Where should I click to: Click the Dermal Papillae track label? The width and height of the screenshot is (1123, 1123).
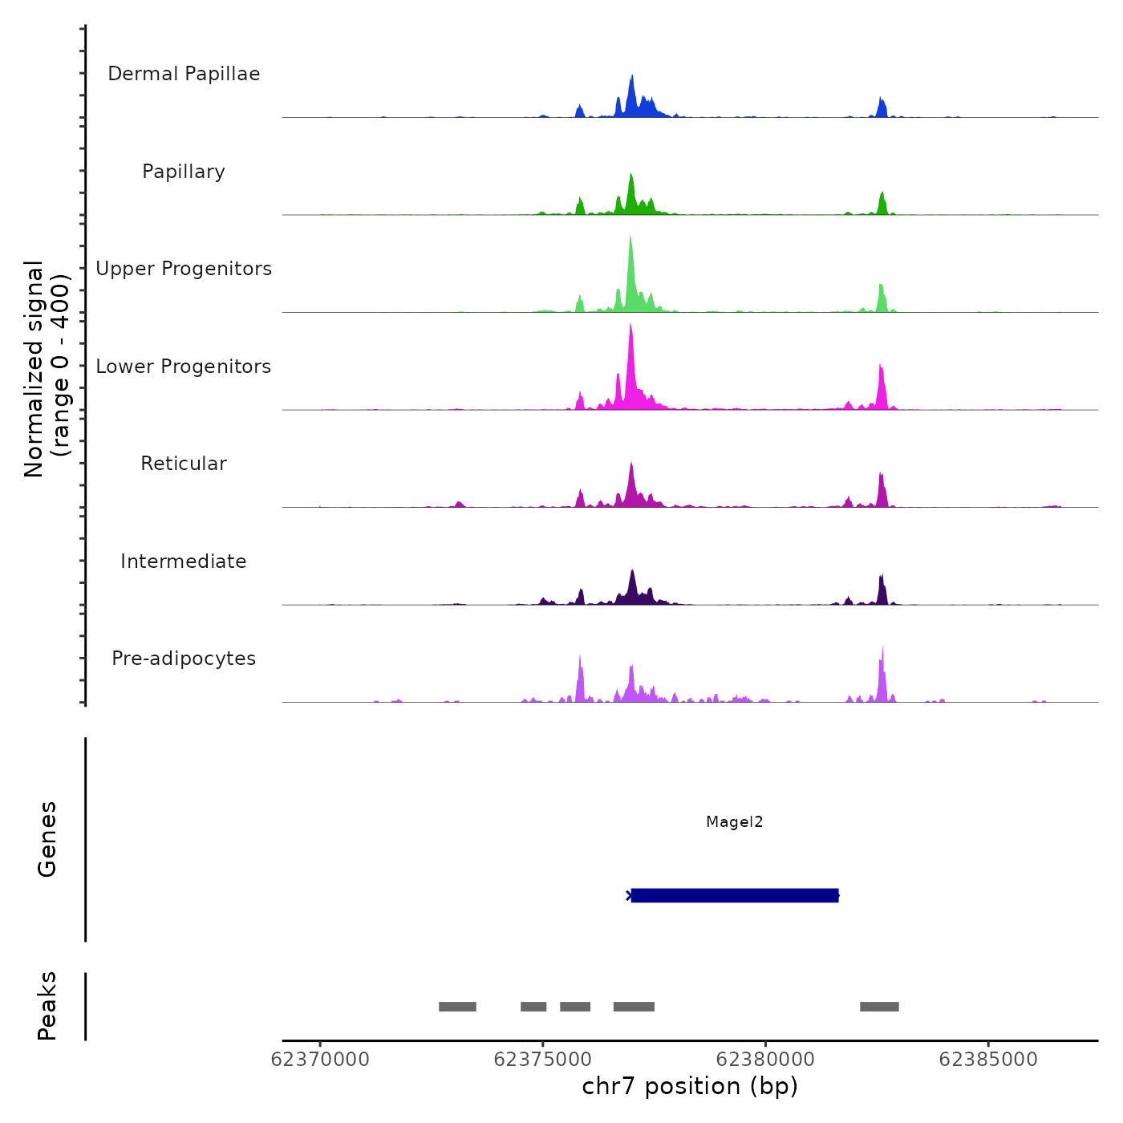184,74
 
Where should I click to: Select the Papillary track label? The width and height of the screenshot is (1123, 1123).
184,172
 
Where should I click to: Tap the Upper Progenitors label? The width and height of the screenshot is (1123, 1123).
184,269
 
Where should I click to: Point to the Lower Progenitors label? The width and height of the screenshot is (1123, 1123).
184,367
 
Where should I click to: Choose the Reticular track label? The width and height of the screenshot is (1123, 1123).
184,464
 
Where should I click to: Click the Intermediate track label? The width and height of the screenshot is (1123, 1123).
184,561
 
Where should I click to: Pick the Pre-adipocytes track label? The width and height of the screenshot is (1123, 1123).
184,659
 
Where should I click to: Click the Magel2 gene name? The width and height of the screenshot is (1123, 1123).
734,821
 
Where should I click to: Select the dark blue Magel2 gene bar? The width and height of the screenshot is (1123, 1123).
734,895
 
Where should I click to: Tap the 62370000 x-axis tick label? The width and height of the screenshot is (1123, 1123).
320,1060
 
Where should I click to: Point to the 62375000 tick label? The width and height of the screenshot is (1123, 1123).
543,1060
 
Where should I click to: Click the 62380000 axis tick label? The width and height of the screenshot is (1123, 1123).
765,1060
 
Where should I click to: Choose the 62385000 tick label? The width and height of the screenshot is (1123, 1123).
987,1060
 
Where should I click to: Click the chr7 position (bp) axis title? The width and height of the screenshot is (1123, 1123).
690,1087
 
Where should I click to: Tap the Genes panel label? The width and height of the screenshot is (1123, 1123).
47,839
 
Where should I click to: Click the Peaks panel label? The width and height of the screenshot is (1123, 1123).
47,1006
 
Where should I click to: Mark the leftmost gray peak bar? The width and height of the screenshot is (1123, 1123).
457,1007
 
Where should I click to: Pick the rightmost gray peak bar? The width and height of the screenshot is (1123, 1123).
879,1007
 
